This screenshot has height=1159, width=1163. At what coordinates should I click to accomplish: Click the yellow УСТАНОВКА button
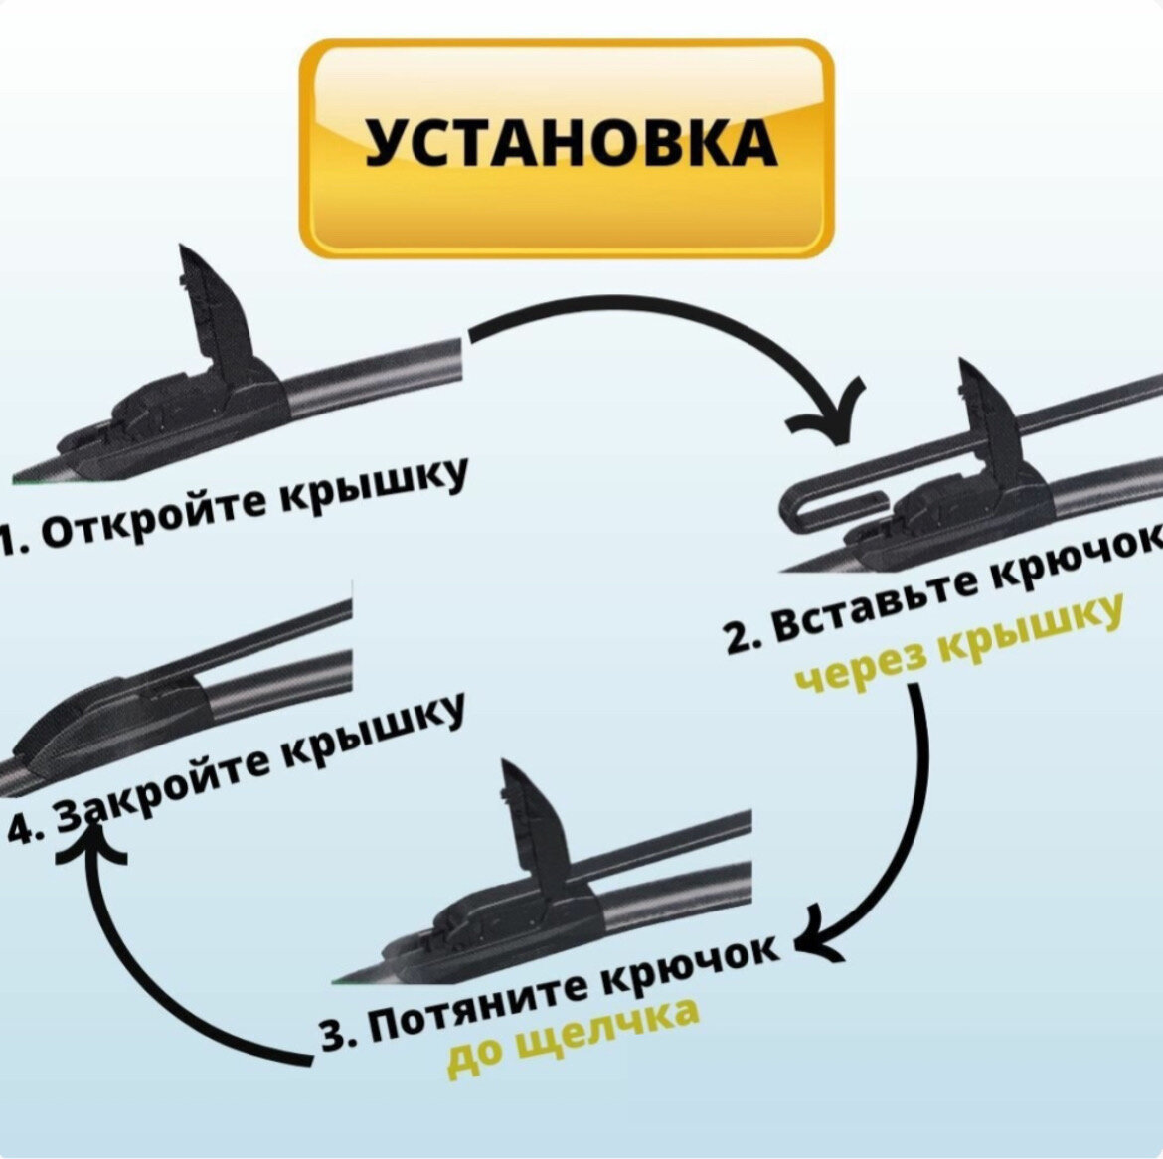click(566, 147)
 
